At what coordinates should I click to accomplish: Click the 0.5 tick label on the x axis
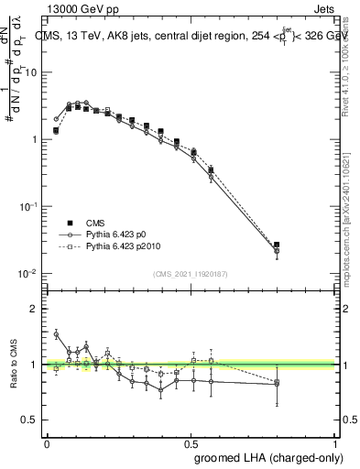(191, 442)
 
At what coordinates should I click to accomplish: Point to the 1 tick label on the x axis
(334, 442)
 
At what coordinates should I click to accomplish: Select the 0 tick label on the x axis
(47, 442)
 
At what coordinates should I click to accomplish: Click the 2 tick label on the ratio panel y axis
(34, 310)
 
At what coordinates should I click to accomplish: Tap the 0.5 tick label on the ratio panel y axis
(30, 420)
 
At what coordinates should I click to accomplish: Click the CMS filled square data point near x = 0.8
(277, 245)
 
